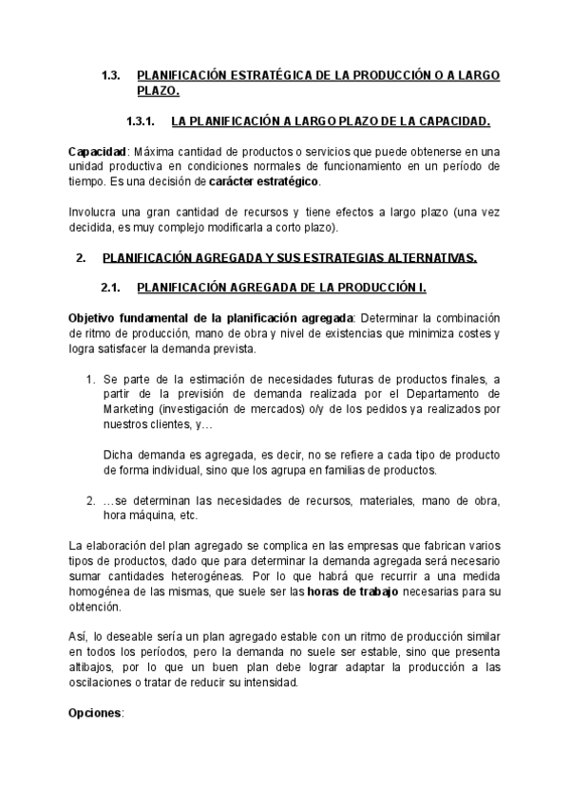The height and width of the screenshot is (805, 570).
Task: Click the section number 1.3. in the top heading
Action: click(110, 75)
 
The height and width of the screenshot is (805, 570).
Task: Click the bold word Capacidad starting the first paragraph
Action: click(97, 152)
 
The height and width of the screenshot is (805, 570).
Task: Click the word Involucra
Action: click(97, 211)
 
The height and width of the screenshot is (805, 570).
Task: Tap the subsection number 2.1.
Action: click(111, 288)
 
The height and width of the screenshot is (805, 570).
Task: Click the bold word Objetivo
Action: click(96, 317)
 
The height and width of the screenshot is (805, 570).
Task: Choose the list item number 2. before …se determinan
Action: click(91, 501)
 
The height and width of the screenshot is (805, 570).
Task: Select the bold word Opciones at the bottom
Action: click(96, 712)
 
